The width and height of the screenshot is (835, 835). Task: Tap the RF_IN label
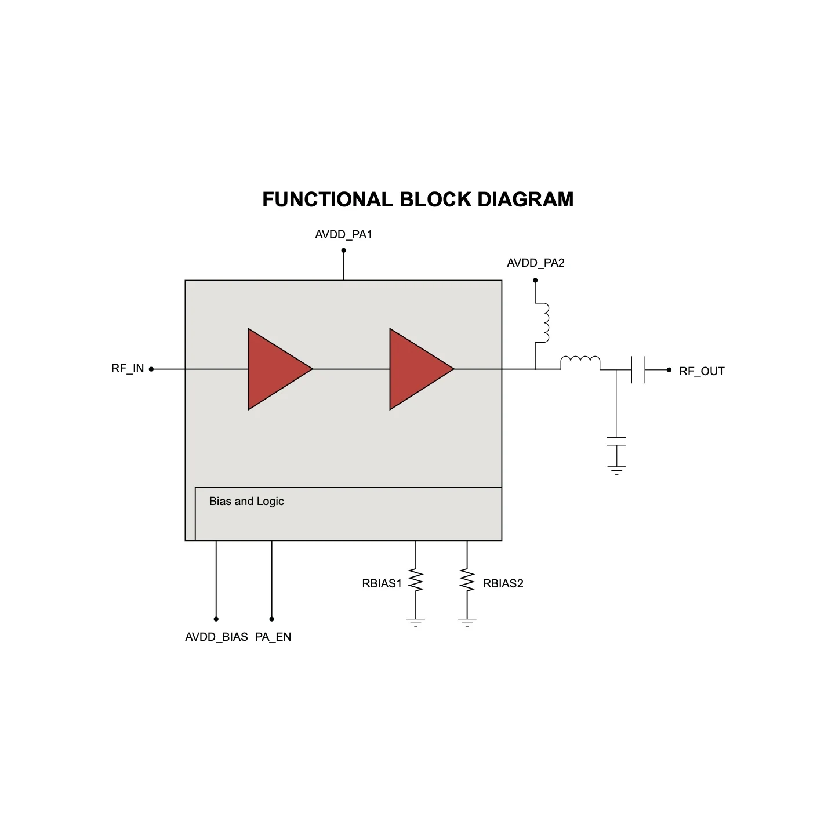click(x=128, y=369)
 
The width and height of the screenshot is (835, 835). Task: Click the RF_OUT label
click(x=702, y=371)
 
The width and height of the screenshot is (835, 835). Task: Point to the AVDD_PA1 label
click(x=343, y=235)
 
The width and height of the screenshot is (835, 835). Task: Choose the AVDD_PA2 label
click(x=536, y=263)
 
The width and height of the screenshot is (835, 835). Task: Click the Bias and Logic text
click(x=246, y=502)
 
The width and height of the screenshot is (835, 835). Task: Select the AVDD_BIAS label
click(x=216, y=637)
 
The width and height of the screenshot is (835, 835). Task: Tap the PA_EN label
click(x=273, y=637)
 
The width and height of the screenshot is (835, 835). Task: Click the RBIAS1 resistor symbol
click(x=416, y=580)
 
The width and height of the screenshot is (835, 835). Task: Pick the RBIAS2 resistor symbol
click(x=467, y=580)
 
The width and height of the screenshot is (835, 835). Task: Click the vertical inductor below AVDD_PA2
click(x=543, y=323)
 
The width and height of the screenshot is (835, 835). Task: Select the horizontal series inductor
click(x=580, y=362)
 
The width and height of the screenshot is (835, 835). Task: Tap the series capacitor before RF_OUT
click(x=638, y=369)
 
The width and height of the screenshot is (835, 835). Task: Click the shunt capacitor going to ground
click(x=616, y=441)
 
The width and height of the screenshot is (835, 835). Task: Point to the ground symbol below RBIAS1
click(x=416, y=623)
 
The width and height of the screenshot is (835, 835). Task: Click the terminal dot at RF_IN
click(x=151, y=369)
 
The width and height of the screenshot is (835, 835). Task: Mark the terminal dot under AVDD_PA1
click(x=344, y=251)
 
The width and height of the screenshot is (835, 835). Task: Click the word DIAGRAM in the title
click(x=525, y=199)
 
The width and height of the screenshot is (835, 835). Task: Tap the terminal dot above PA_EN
click(x=272, y=619)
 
